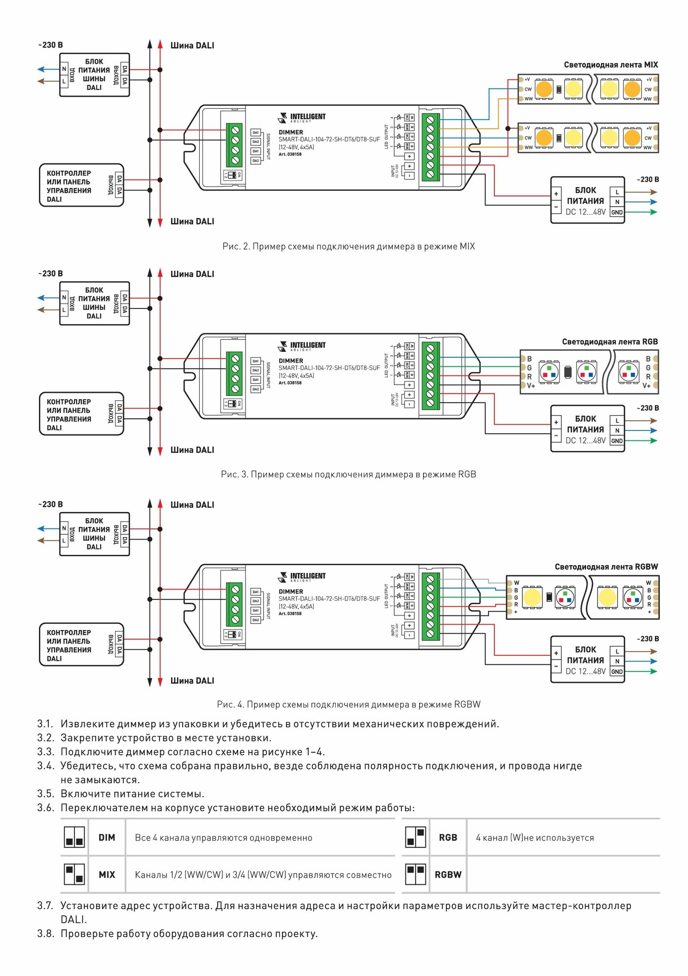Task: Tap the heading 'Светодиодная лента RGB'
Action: click(609, 342)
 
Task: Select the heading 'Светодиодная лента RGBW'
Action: click(606, 567)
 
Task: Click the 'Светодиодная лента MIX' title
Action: click(610, 64)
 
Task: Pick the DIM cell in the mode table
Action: click(107, 837)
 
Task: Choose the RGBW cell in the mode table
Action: click(448, 874)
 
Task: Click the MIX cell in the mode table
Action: click(107, 874)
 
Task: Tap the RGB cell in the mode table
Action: click(448, 837)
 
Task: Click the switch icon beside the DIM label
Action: click(75, 837)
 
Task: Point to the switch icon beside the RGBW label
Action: click(416, 874)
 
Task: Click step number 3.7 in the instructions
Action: click(45, 906)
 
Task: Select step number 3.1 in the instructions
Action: click(45, 724)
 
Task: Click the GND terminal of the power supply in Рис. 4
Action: click(617, 671)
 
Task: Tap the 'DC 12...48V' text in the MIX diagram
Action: click(586, 212)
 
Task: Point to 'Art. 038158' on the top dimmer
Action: click(290, 154)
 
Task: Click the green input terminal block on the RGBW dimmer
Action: click(235, 605)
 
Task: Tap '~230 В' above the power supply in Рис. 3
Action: click(648, 408)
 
